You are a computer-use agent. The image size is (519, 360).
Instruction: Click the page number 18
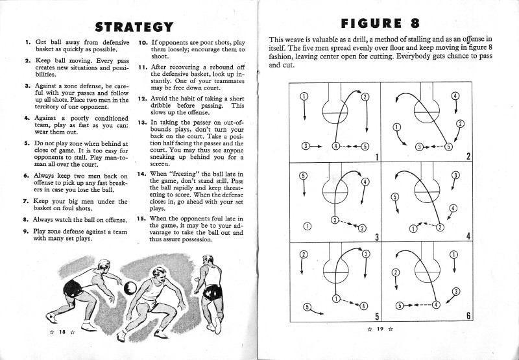63,332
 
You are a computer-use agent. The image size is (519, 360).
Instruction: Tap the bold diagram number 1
377,156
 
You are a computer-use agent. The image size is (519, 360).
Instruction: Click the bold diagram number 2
468,156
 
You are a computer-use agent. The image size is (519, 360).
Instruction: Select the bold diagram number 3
377,236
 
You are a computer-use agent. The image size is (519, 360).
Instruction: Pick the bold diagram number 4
468,236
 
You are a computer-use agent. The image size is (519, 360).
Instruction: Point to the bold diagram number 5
377,316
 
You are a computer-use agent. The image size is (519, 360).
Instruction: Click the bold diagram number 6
468,316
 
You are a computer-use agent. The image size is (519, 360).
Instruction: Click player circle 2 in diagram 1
365,97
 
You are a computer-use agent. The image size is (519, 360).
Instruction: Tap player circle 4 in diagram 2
455,95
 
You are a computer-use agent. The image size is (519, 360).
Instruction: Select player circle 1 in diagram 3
307,226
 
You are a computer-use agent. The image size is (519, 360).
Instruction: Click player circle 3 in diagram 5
366,254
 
